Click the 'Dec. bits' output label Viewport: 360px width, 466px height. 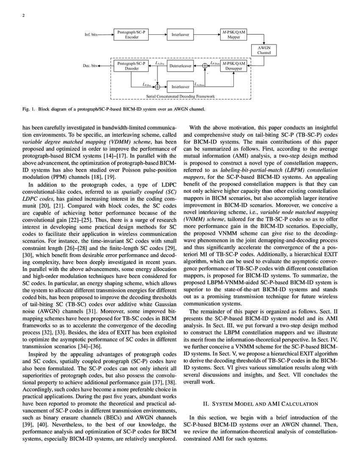[x=90, y=67]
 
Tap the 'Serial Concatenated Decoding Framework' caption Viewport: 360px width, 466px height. [x=181, y=97]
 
